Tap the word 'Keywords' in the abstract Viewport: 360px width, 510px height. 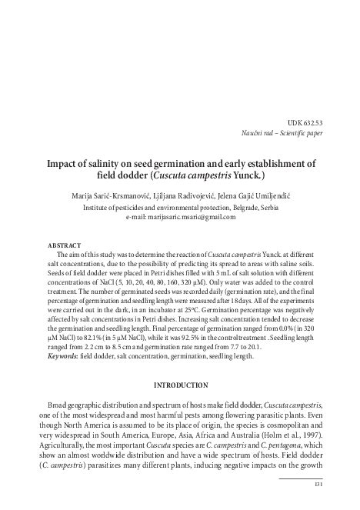65,356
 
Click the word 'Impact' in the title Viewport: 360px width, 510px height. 65,163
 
